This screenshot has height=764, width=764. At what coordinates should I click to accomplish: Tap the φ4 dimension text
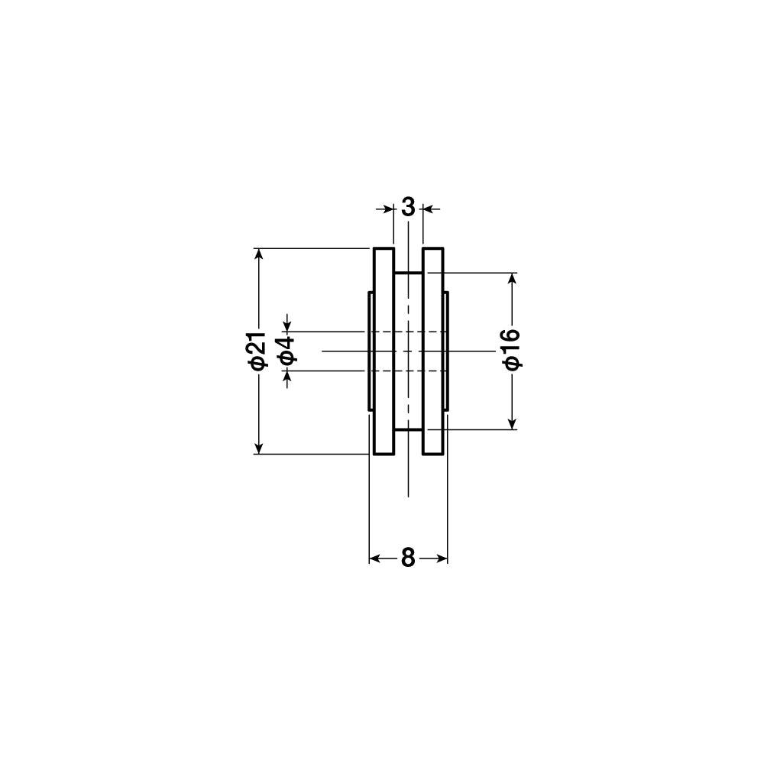tap(287, 350)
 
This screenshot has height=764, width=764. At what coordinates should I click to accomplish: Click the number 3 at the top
tap(408, 208)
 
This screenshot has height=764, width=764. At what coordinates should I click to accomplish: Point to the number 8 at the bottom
tap(408, 558)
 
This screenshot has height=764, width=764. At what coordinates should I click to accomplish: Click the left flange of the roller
tap(384, 351)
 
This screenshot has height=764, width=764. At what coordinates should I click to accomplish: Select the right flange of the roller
tap(432, 351)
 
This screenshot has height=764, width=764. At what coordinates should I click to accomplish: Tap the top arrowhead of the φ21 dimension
tap(259, 254)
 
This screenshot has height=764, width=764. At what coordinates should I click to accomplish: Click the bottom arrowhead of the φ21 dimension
tap(259, 448)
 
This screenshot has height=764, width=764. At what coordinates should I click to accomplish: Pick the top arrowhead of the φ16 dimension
tap(512, 279)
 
